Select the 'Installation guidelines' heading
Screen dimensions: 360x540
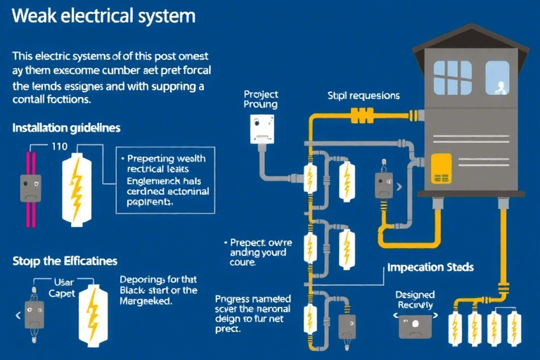[x=66, y=128]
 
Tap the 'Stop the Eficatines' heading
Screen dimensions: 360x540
[x=65, y=261]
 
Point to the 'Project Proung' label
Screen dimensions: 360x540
[x=260, y=98]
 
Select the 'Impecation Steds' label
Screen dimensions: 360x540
[x=430, y=267]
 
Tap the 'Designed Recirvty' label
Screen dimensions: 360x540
[x=415, y=299]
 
